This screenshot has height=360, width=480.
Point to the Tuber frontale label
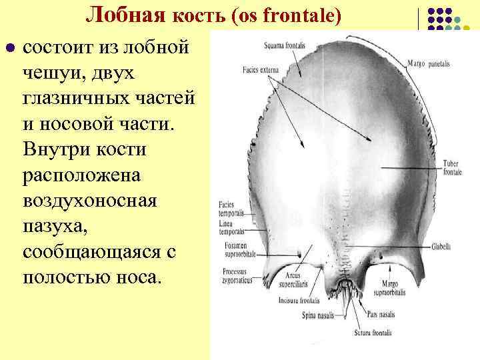[x=451, y=167]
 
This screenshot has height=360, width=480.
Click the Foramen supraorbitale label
[x=233, y=249]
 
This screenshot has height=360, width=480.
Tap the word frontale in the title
[x=307, y=15]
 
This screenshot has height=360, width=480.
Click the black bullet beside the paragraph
[x=9, y=49]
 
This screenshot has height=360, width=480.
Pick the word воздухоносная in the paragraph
[x=90, y=200]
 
